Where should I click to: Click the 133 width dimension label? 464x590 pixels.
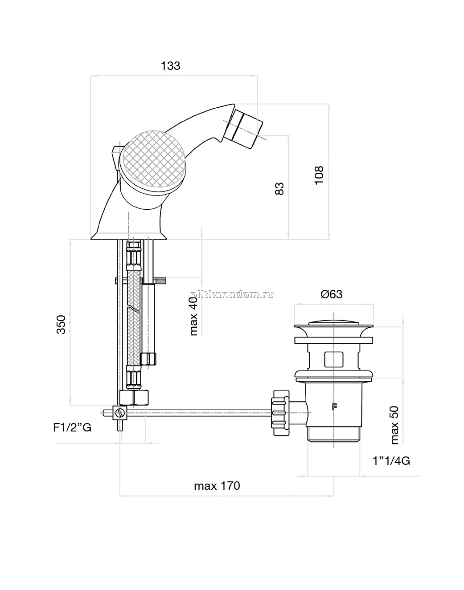coord(171,66)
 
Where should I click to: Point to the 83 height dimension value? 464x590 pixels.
coord(279,189)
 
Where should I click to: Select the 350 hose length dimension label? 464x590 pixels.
coord(61,325)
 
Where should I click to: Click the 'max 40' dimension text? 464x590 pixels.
coord(194,316)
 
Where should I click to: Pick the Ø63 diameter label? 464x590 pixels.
coord(332,294)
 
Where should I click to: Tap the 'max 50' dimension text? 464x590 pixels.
coord(394,425)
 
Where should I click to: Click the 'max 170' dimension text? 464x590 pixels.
coord(217,486)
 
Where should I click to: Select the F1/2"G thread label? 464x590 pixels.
coord(72,427)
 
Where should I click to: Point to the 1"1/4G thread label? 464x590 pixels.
coord(391,461)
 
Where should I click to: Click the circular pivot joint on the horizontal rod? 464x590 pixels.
coord(120,413)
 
